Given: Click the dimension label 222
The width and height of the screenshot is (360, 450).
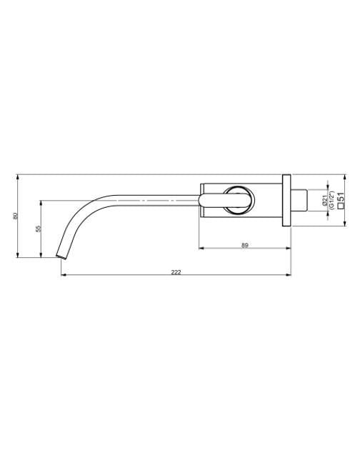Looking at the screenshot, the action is pos(176,271).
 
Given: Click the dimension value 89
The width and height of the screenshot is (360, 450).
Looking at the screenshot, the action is pos(244,245).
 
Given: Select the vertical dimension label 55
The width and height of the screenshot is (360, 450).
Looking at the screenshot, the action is pos(38,229).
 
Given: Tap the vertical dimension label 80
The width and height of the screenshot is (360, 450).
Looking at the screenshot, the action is pos(15,216).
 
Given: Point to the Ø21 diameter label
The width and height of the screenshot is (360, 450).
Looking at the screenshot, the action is pos(325,200).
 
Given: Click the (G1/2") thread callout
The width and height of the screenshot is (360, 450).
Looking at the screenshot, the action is pos(331,200).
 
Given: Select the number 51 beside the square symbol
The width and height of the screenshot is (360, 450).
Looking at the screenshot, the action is pos(341,197).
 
